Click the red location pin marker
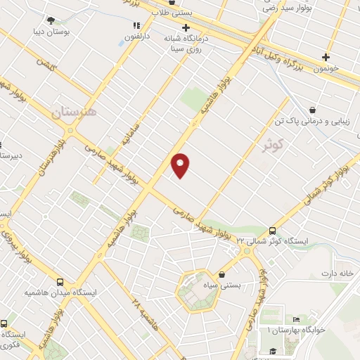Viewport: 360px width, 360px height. [181, 165]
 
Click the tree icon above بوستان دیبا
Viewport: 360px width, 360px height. [51, 20]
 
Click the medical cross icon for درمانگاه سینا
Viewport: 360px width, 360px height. [186, 27]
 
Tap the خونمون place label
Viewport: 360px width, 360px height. [327, 70]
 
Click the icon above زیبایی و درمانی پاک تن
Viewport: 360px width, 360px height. [311, 110]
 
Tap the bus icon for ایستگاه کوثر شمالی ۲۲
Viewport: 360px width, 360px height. [272, 231]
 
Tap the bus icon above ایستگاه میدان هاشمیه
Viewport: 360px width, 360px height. [60, 279]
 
